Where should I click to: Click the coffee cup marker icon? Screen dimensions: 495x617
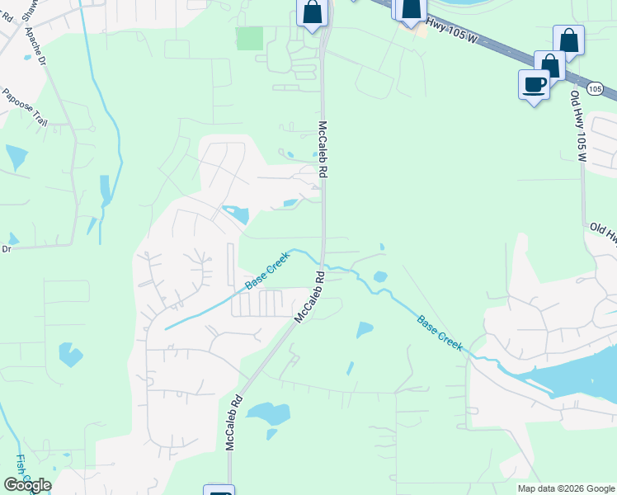[534, 83]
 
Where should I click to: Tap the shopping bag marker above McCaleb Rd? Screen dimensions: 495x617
[313, 13]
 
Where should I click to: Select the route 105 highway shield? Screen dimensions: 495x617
[595, 88]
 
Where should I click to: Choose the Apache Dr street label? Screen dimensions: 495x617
[38, 48]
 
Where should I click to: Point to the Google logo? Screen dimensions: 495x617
[27, 485]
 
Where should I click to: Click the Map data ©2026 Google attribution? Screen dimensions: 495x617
[565, 488]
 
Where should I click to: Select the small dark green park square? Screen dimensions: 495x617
[249, 38]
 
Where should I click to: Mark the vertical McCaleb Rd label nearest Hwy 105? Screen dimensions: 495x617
[323, 150]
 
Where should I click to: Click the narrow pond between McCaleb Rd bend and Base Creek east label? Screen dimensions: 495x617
[364, 329]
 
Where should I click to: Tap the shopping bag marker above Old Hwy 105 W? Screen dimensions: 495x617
[569, 40]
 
